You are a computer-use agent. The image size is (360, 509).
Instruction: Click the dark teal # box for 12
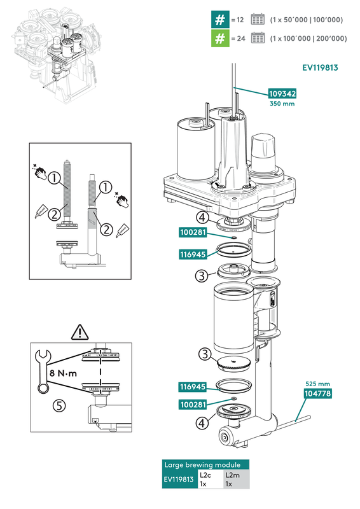(x=220, y=19)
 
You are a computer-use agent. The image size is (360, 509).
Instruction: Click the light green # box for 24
(x=220, y=38)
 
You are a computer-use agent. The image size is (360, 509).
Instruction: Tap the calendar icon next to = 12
(x=258, y=19)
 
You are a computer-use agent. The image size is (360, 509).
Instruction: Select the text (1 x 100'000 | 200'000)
(x=308, y=38)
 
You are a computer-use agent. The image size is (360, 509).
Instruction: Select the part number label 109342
(x=282, y=94)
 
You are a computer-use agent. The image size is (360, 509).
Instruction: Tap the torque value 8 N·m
(x=62, y=373)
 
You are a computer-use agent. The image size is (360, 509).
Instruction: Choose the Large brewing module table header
(x=205, y=464)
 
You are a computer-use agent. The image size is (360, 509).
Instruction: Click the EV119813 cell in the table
(x=179, y=479)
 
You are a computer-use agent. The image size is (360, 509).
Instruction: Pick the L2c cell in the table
(x=210, y=479)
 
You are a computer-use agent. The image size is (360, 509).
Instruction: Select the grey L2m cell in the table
(x=236, y=479)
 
